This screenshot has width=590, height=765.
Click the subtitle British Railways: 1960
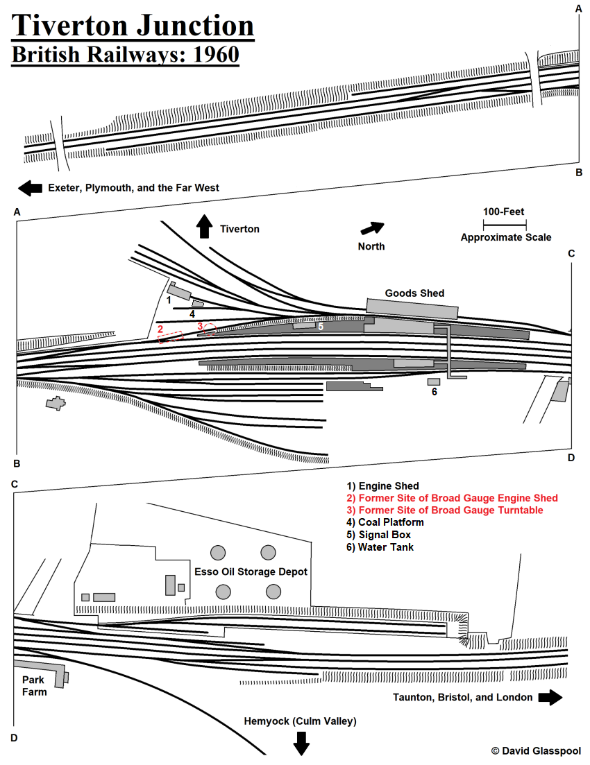point(125,55)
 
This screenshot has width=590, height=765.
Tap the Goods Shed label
point(414,293)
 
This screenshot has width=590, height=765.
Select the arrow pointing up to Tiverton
point(204,227)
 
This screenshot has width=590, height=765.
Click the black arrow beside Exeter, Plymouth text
point(30,187)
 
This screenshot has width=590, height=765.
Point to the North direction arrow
point(372,228)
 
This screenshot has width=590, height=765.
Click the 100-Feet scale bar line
point(505,224)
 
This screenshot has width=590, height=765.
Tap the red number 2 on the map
point(160,329)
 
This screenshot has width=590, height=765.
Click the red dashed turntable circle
point(209,329)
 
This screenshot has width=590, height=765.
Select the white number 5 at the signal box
point(321,326)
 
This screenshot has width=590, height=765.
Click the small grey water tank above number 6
point(434,381)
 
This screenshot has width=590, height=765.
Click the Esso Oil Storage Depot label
point(251,572)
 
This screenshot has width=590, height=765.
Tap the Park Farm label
point(34,686)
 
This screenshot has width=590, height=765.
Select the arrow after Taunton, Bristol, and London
point(550,697)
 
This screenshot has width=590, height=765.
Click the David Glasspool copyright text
point(535,750)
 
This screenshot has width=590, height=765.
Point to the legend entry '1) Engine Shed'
point(382,486)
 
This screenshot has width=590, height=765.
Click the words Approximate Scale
point(505,237)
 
